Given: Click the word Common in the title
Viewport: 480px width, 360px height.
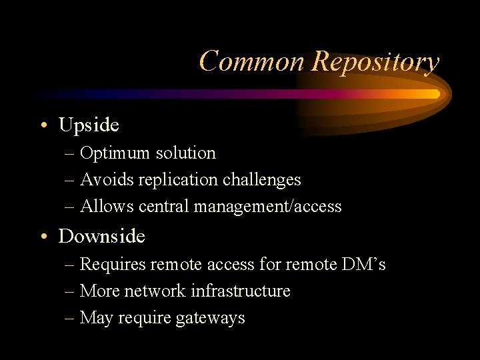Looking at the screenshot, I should click(252, 61).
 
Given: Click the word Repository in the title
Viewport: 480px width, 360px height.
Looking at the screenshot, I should click(375, 61).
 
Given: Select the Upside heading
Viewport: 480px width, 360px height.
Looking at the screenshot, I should click(89, 125).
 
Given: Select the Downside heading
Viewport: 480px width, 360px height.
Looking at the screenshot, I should click(102, 236).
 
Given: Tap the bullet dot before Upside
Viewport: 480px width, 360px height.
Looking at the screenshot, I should click(43, 125).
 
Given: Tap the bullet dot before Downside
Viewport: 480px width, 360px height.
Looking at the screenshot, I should click(43, 237).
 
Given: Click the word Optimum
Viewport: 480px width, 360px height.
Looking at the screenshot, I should click(115, 153).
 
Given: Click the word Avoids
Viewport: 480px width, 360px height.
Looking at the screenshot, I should click(101, 180).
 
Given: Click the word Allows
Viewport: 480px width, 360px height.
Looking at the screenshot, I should click(101, 207).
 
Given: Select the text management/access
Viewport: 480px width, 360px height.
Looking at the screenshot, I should click(267, 207).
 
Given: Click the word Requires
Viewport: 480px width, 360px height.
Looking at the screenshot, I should click(113, 265).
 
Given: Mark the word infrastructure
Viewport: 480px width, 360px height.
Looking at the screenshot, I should click(240, 291).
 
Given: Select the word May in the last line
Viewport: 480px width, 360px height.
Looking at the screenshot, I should click(96, 318).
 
